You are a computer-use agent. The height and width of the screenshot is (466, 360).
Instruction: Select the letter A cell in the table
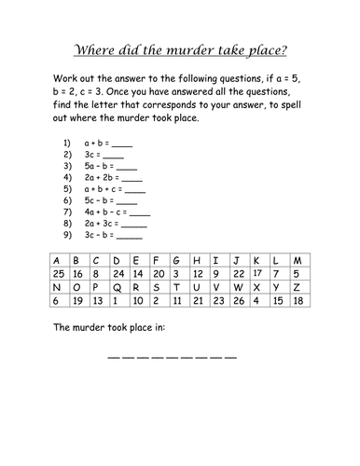tap(54, 259)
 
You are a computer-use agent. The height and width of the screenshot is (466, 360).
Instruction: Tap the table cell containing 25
tap(54, 273)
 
